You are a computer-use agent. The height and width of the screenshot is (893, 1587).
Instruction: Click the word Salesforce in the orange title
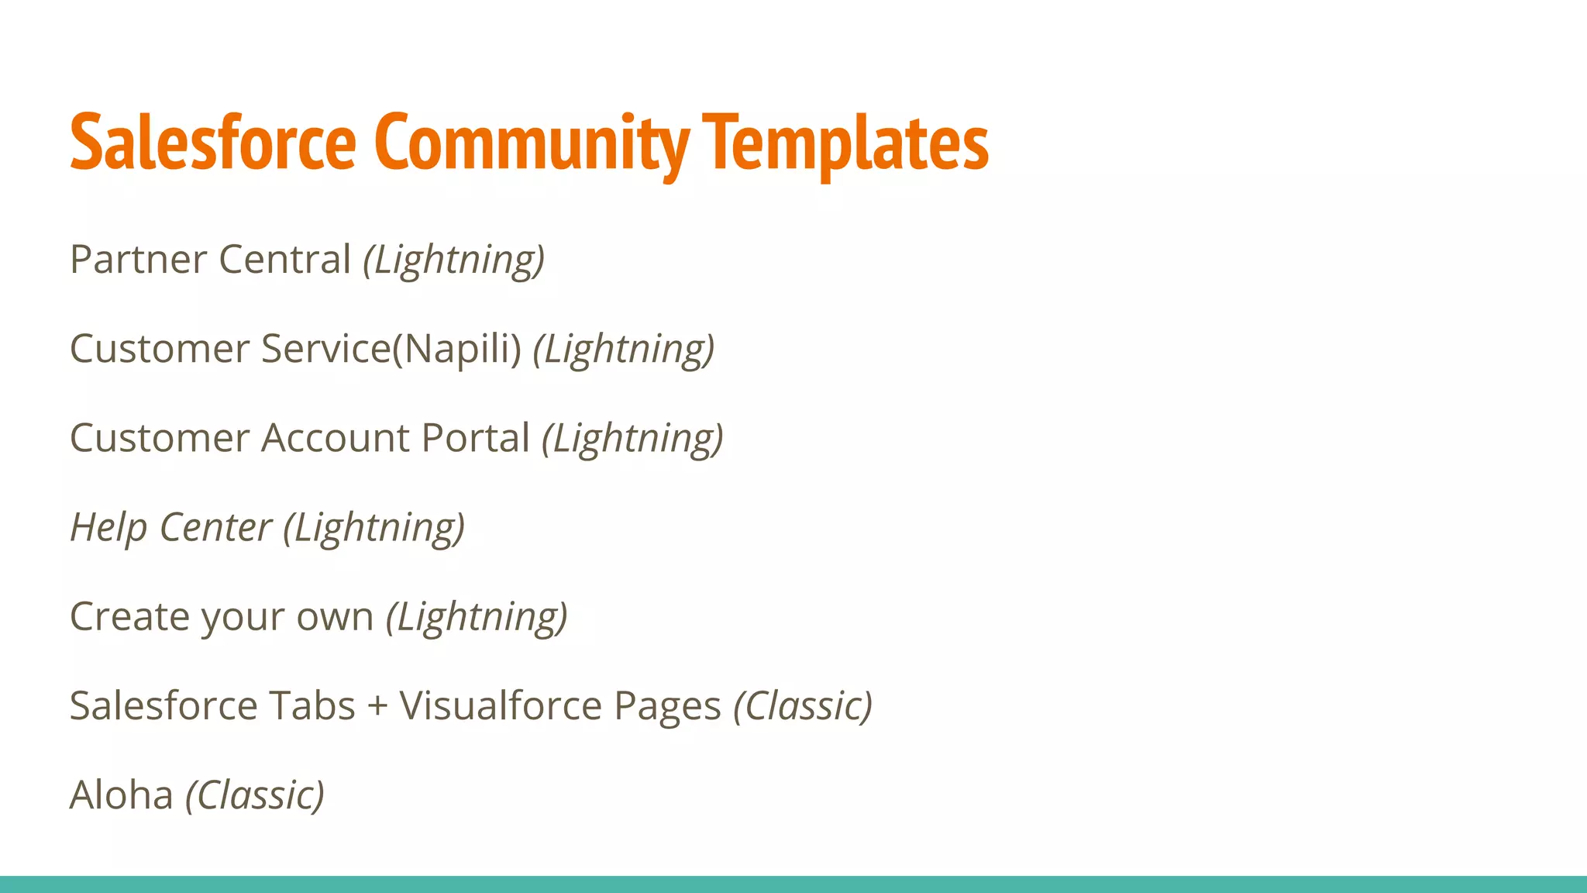pos(212,143)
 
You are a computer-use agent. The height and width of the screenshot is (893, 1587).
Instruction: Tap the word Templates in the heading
pos(845,143)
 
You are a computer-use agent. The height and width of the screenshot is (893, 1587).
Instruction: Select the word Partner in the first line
pos(137,259)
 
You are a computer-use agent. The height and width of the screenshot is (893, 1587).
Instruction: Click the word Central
pos(285,259)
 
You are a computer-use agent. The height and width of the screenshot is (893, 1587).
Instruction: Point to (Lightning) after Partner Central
pos(454,260)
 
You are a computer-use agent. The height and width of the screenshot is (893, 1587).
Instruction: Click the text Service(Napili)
pos(391,349)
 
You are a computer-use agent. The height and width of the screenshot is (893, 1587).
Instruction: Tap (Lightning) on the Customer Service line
pos(624,350)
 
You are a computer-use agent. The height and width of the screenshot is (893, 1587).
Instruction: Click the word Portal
pos(476,438)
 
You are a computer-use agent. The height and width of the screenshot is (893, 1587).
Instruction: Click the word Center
pos(215,527)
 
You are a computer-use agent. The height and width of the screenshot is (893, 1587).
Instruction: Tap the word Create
pos(129,617)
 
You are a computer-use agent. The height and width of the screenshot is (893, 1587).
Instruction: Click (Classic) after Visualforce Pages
pos(803,706)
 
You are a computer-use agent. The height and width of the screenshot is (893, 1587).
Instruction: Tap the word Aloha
pos(121,795)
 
